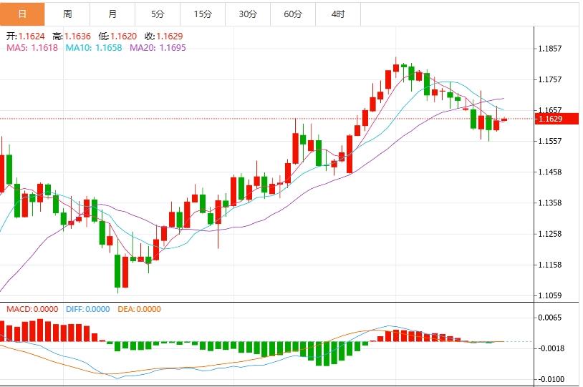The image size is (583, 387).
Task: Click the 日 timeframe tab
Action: click(22, 14)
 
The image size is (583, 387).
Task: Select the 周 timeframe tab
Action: click(67, 14)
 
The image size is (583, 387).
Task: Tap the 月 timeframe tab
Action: click(112, 14)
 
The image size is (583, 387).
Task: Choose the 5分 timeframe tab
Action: click(158, 14)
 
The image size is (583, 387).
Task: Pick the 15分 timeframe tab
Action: click(203, 14)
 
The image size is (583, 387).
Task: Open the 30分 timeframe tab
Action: click(248, 14)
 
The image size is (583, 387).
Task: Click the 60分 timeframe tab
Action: click(293, 14)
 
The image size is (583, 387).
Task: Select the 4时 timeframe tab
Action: click(338, 14)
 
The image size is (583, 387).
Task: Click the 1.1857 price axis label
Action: click(550, 49)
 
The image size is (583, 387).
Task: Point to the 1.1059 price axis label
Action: click(550, 295)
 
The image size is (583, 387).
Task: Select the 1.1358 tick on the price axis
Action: click(550, 203)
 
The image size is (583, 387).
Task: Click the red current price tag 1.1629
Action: click(557, 119)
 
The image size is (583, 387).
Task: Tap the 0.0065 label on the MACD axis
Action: click(550, 318)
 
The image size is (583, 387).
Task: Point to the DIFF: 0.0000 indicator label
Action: click(87, 310)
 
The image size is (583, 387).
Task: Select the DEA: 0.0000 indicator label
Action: click(139, 310)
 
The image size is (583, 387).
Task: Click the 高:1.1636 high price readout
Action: click(77, 36)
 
